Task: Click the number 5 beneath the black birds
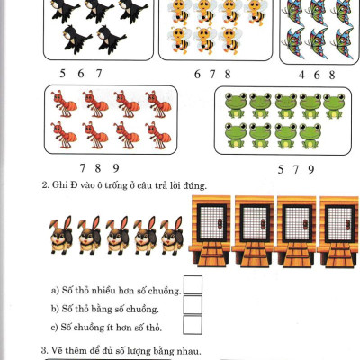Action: click(62, 74)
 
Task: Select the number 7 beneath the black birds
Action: click(98, 74)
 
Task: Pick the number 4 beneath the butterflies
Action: click(301, 76)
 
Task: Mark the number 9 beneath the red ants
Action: click(116, 168)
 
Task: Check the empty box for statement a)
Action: click(193, 286)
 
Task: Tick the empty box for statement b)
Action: click(193, 306)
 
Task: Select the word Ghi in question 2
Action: click(60, 186)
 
